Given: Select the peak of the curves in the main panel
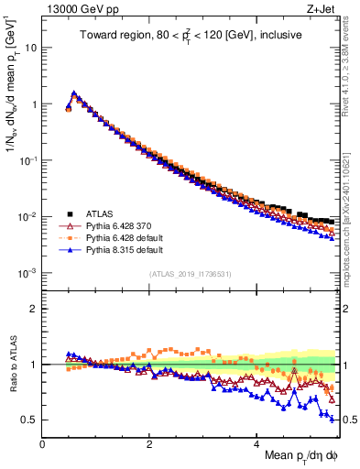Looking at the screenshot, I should pyautogui.click(x=73, y=93).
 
